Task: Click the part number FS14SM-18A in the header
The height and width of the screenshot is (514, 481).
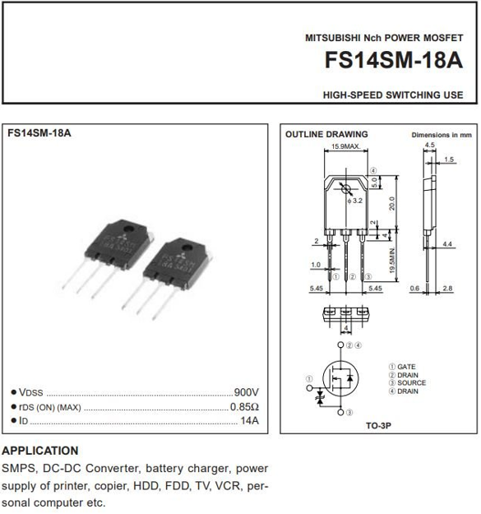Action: pyautogui.click(x=394, y=60)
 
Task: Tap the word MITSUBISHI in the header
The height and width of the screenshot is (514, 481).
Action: pyautogui.click(x=333, y=38)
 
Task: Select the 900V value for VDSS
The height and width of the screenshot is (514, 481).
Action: pyautogui.click(x=247, y=392)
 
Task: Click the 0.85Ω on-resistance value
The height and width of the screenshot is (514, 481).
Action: pyautogui.click(x=244, y=407)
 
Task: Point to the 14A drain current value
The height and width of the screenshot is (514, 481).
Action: pyautogui.click(x=250, y=420)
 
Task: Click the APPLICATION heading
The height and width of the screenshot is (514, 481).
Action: pyautogui.click(x=40, y=451)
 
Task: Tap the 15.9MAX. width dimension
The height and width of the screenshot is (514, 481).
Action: pyautogui.click(x=345, y=146)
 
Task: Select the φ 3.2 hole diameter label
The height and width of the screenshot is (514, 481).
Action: pyautogui.click(x=355, y=201)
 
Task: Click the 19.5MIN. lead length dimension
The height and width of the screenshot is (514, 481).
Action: pyautogui.click(x=392, y=261)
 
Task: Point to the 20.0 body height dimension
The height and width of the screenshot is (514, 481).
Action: pyautogui.click(x=392, y=203)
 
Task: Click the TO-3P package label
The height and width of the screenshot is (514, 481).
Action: pyautogui.click(x=378, y=425)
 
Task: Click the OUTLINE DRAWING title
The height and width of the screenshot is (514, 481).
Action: pyautogui.click(x=326, y=134)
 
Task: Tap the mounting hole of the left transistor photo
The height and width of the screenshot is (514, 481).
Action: pyautogui.click(x=127, y=229)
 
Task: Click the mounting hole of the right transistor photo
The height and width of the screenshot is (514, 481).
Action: pyautogui.click(x=187, y=248)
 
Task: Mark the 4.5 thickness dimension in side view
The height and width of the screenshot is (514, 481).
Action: pyautogui.click(x=429, y=145)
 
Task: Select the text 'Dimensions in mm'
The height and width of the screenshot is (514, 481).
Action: pyautogui.click(x=442, y=135)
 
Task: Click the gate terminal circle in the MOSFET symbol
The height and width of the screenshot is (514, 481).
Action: pyautogui.click(x=309, y=388)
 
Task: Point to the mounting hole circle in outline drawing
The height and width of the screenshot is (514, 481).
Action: pyautogui.click(x=346, y=189)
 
